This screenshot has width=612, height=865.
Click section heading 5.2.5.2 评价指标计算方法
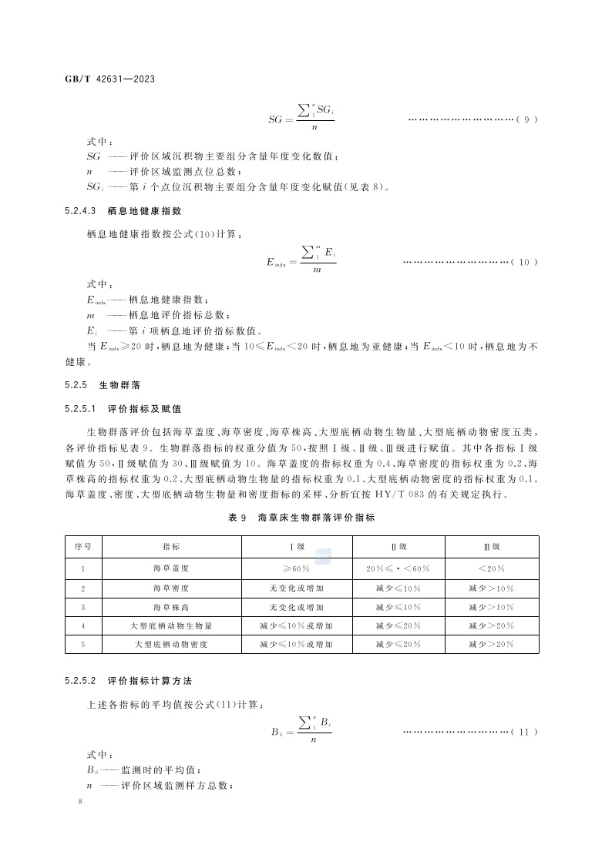tap(128, 682)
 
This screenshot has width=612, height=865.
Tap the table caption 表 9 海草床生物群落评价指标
tap(301, 518)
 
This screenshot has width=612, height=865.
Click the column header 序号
tap(83, 547)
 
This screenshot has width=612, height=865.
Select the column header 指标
tap(171, 547)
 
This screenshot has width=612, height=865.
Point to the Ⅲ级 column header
tap(491, 547)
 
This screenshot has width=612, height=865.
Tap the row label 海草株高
tap(171, 607)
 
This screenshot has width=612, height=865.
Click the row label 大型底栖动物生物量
tap(171, 625)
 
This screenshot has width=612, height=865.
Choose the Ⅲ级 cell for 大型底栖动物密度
tap(491, 644)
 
